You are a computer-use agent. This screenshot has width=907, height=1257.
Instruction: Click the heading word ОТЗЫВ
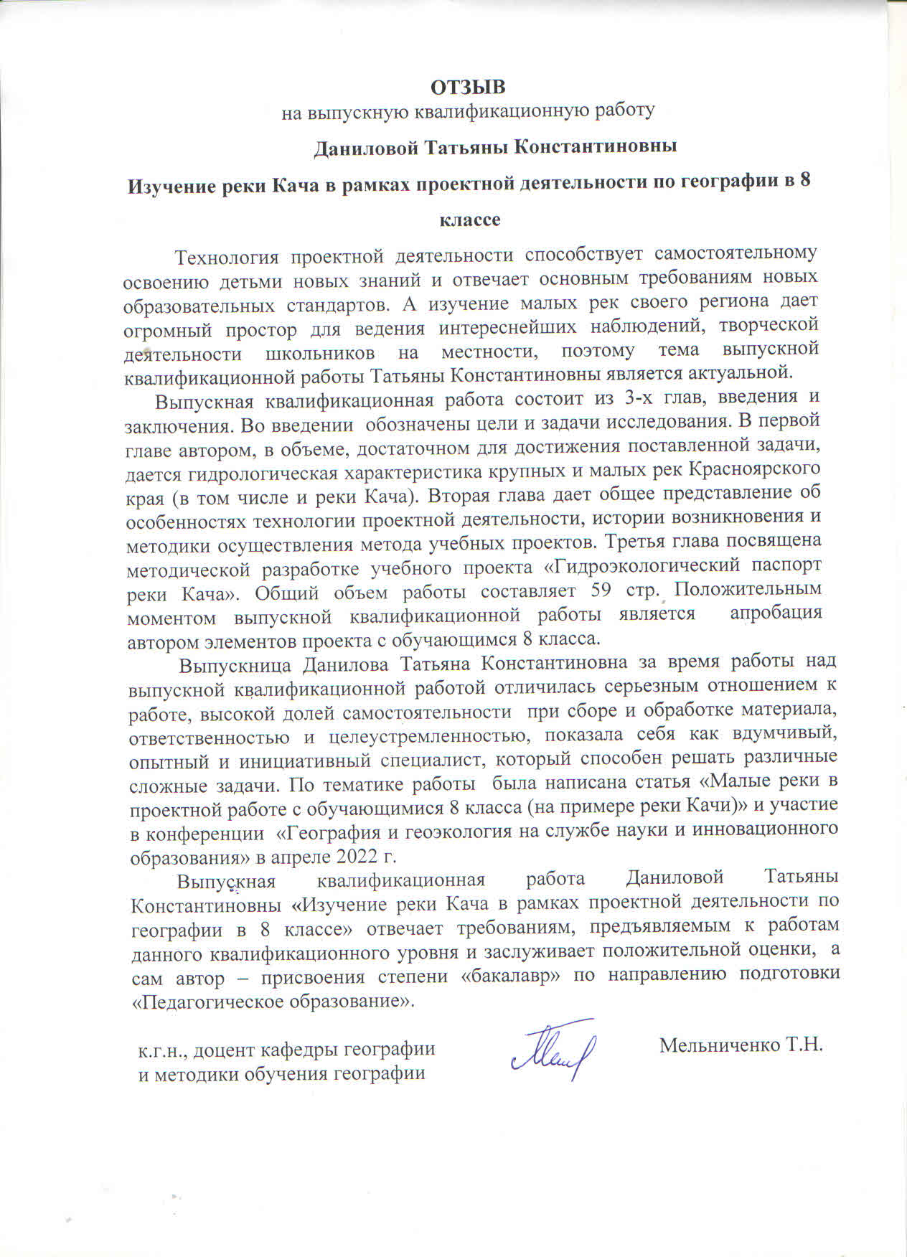pos(468,87)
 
